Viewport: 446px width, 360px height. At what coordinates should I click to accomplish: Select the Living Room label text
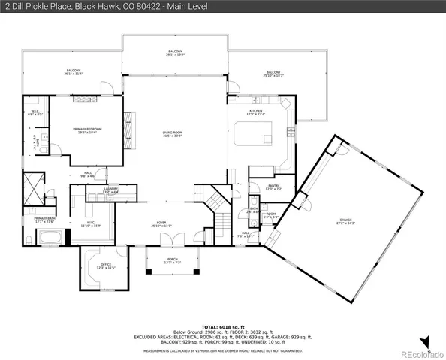click(173, 134)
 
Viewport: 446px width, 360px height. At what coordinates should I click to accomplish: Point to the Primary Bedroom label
click(87, 130)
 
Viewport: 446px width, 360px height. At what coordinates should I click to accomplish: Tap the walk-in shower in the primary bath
click(35, 187)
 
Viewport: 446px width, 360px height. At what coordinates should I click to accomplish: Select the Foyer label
click(161, 224)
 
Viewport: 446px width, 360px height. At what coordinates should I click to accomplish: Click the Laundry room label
click(111, 191)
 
